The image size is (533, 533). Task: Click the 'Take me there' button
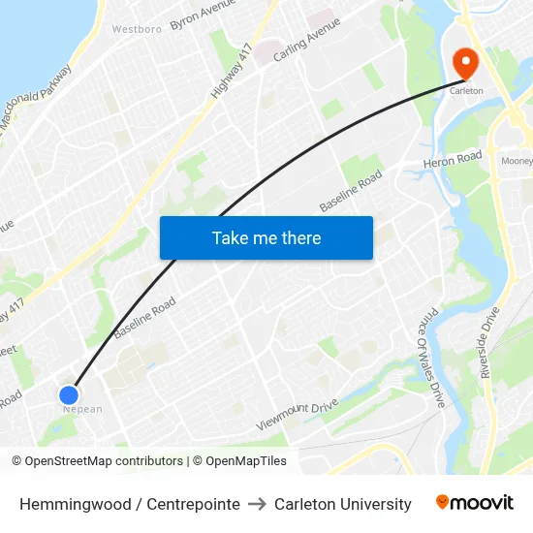pos(266,237)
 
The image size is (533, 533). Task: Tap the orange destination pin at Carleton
pos(466,64)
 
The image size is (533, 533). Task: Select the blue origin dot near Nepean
pos(68,394)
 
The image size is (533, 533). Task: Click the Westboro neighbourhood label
pos(137,29)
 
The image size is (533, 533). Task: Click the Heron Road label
pos(453,160)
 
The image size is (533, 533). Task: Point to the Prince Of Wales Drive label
pos(430,358)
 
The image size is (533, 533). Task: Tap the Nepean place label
pos(82,409)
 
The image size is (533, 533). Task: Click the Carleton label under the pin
pos(466,91)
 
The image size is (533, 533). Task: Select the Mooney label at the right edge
pos(517,161)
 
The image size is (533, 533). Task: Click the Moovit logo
pos(475,502)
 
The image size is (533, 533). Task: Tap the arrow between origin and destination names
pos(257,504)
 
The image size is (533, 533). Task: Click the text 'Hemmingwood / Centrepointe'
pos(130,504)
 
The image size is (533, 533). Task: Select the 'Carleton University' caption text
pos(343,504)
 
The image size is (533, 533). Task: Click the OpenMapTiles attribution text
pos(239,461)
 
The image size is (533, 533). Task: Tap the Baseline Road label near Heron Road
pos(351,191)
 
